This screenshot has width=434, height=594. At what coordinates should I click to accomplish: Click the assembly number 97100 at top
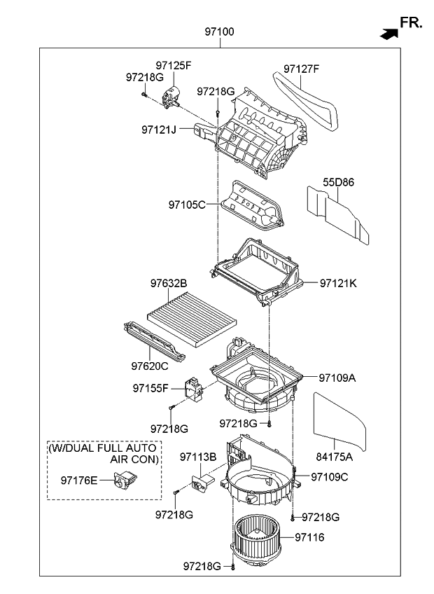pyautogui.click(x=219, y=32)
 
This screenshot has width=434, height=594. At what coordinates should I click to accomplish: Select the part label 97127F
pyautogui.click(x=301, y=69)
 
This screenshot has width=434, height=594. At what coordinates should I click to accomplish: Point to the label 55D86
pyautogui.click(x=338, y=183)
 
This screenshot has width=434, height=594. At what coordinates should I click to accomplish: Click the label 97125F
pyautogui.click(x=172, y=66)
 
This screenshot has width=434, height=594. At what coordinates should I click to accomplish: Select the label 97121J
pyautogui.click(x=158, y=130)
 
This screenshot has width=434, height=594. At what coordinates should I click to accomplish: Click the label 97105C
pyautogui.click(x=187, y=205)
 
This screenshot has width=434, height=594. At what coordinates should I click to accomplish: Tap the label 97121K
pyautogui.click(x=338, y=283)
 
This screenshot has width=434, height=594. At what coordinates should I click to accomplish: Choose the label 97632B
pyautogui.click(x=168, y=284)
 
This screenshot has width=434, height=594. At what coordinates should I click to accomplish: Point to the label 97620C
pyautogui.click(x=150, y=366)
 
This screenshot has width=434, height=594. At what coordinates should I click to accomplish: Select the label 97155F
pyautogui.click(x=151, y=387)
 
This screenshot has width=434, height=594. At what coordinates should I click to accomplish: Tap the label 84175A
pyautogui.click(x=335, y=457)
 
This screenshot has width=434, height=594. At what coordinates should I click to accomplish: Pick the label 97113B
pyautogui.click(x=198, y=457)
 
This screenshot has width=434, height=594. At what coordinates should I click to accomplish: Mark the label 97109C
pyautogui.click(x=329, y=477)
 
